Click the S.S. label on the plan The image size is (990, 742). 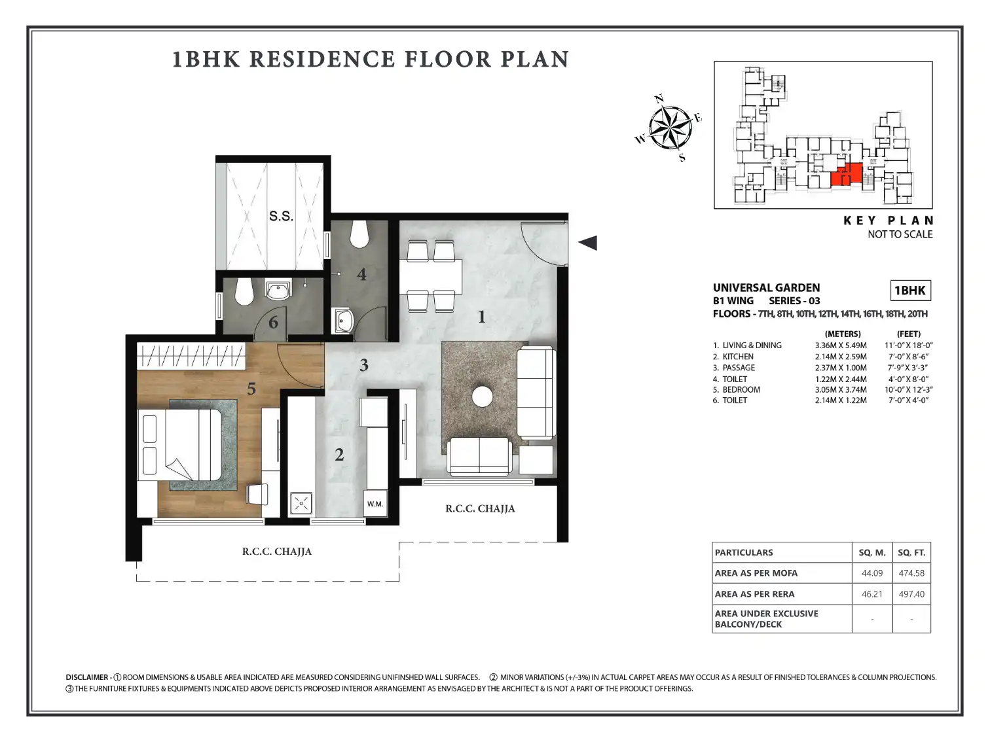(x=281, y=216)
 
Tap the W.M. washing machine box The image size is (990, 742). (x=375, y=503)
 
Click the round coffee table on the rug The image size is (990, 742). (x=482, y=397)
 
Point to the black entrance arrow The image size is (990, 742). (x=587, y=243)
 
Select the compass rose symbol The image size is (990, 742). (x=670, y=128)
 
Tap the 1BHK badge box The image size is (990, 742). (x=910, y=291)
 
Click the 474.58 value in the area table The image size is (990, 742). (x=911, y=573)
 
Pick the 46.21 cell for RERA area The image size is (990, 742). (x=872, y=594)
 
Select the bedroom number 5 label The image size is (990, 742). (x=251, y=389)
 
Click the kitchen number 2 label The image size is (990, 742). (x=339, y=455)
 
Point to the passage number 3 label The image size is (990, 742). (x=364, y=365)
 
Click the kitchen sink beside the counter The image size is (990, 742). (x=301, y=503)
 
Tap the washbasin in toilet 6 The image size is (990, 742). (x=278, y=290)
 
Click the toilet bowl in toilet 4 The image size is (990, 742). (x=359, y=234)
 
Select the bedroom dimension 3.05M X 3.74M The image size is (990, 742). (x=841, y=390)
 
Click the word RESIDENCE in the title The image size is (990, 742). (x=322, y=60)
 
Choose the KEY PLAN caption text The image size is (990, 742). (x=888, y=221)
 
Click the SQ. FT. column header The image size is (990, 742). (x=911, y=552)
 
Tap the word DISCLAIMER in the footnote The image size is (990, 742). (x=87, y=677)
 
